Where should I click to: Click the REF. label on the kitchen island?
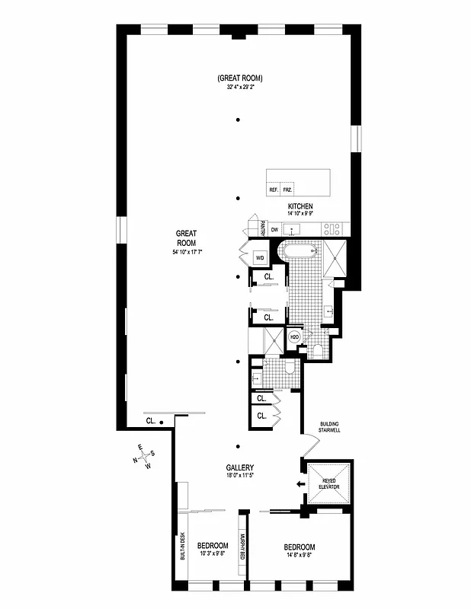273,190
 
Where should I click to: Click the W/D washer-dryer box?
260,258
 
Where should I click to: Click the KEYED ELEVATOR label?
329,483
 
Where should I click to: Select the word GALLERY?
239,468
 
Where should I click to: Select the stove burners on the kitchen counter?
333,228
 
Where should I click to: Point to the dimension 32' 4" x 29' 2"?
239,88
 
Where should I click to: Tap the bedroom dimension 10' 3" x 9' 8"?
213,555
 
